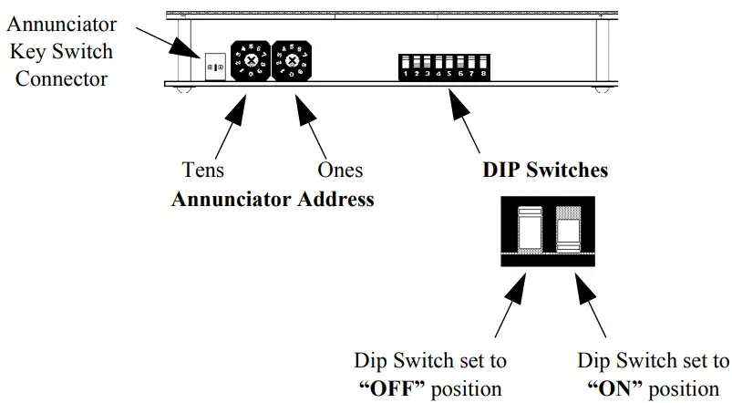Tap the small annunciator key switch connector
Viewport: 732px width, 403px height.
click(216, 67)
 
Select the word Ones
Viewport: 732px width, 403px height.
click(340, 170)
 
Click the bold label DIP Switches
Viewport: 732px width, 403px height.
click(546, 170)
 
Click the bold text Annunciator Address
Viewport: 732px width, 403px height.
click(273, 199)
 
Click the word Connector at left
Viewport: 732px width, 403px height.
click(66, 78)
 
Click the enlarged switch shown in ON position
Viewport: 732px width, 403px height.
click(568, 234)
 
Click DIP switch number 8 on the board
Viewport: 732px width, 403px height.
click(482, 67)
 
